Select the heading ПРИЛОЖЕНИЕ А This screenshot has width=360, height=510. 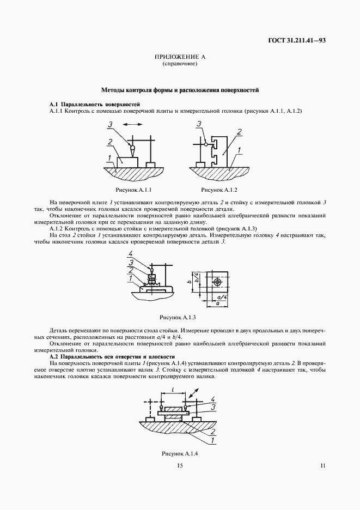point(180,57)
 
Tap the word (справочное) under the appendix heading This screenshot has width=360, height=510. point(180,64)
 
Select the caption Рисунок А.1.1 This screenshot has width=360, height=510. point(133,190)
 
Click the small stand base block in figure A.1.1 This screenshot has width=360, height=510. point(150,164)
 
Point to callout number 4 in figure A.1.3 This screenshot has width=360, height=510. point(131,254)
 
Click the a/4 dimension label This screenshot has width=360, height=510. point(222,297)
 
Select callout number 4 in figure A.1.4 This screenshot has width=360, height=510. point(213,399)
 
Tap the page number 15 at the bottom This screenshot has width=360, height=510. point(180,465)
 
